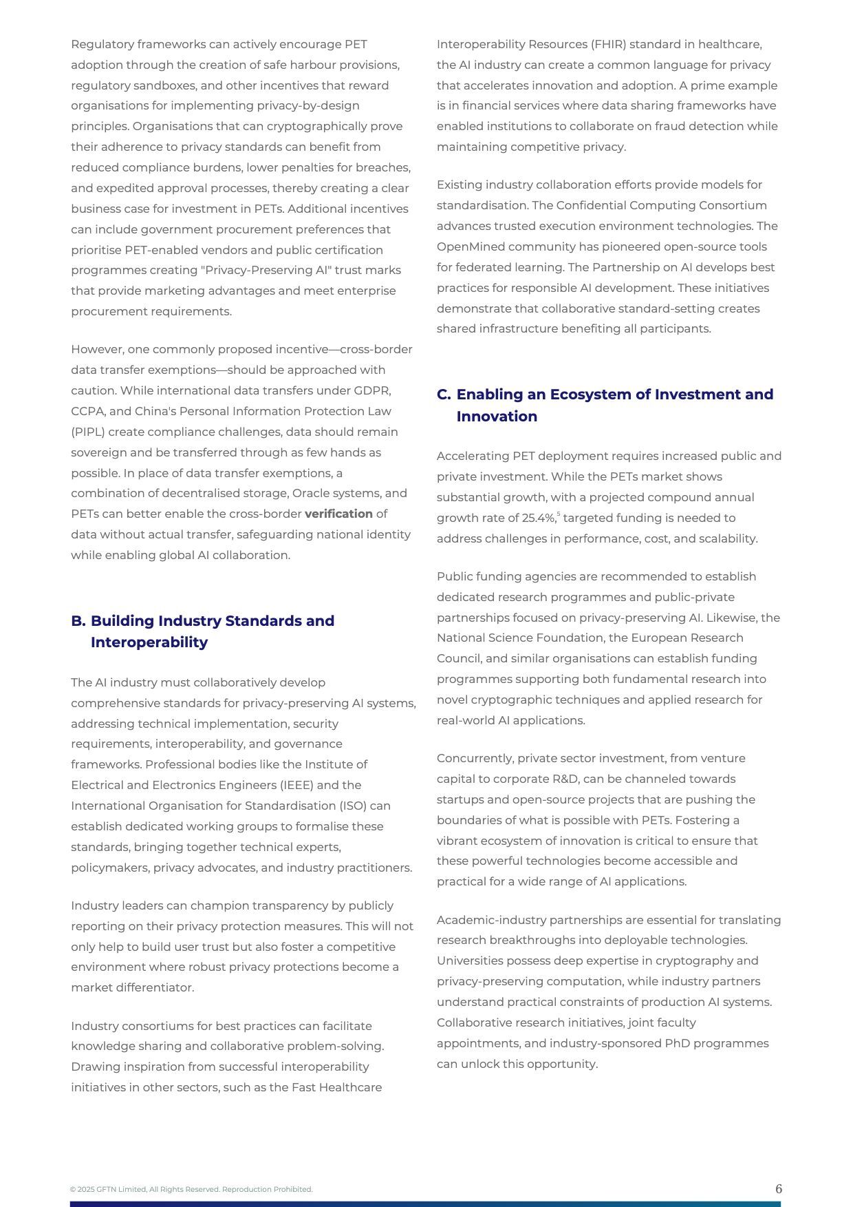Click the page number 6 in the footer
click(778, 1189)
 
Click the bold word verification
click(338, 514)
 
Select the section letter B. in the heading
click(78, 621)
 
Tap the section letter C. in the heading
click(444, 395)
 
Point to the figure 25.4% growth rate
click(538, 518)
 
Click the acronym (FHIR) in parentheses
click(608, 44)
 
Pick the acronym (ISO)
click(352, 806)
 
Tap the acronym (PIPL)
click(87, 432)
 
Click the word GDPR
click(372, 390)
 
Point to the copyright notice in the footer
click(191, 1189)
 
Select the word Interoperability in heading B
click(149, 642)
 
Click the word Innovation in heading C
click(497, 417)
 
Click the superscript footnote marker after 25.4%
click(559, 514)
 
